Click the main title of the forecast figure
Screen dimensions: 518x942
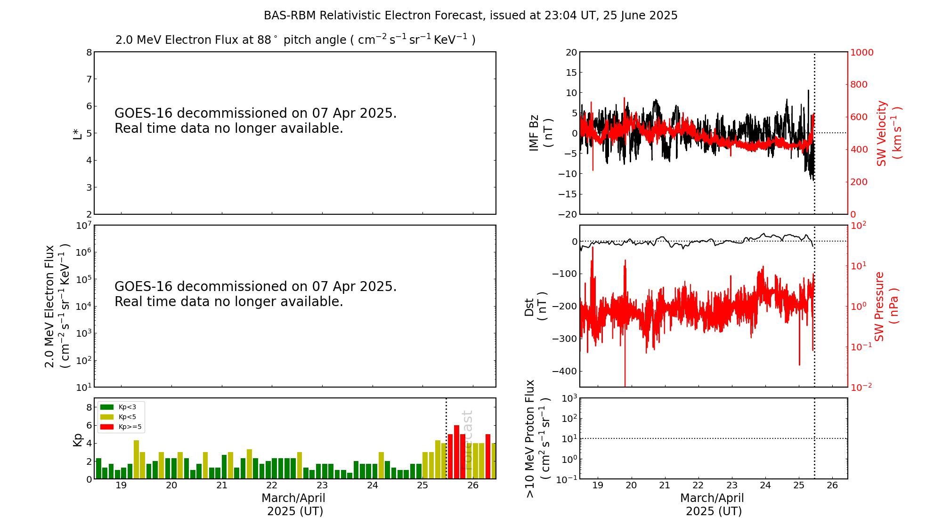[471, 16]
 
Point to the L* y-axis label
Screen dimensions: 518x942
[77, 133]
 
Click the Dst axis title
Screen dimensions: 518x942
[536, 307]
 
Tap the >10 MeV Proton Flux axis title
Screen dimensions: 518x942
[537, 438]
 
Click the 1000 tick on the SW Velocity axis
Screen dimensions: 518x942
[861, 52]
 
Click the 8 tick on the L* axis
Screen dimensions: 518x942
[89, 52]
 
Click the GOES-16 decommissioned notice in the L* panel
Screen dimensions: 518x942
[255, 121]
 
